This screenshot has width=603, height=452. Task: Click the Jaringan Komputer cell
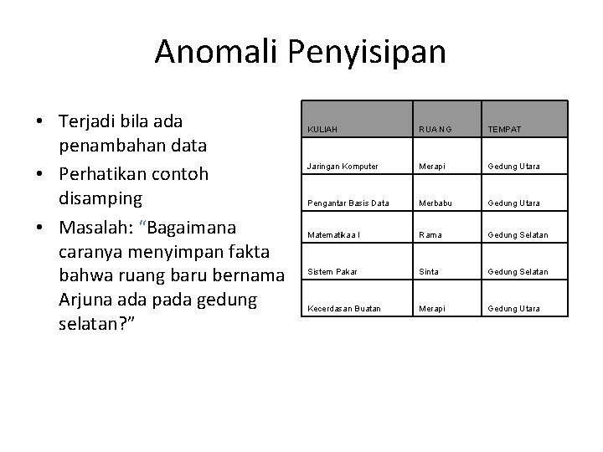pyautogui.click(x=343, y=167)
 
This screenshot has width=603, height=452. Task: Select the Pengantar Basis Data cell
pyautogui.click(x=348, y=203)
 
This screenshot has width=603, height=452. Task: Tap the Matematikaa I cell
pyautogui.click(x=336, y=235)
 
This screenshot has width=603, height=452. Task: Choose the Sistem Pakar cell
pyautogui.click(x=332, y=271)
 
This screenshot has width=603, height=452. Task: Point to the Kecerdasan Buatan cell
pyautogui.click(x=344, y=309)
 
